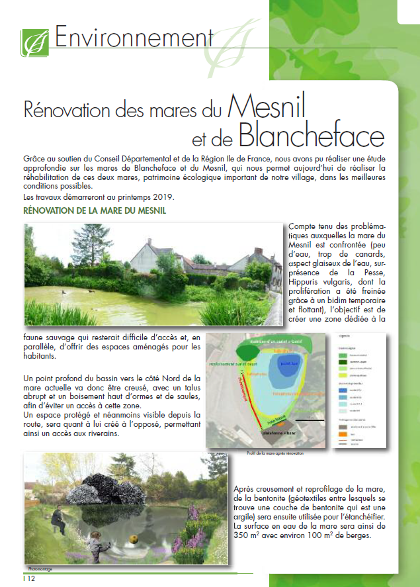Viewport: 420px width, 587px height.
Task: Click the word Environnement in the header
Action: (x=133, y=38)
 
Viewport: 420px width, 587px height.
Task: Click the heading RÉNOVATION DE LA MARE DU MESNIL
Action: (x=94, y=211)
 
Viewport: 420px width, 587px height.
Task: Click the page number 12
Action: (x=30, y=579)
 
